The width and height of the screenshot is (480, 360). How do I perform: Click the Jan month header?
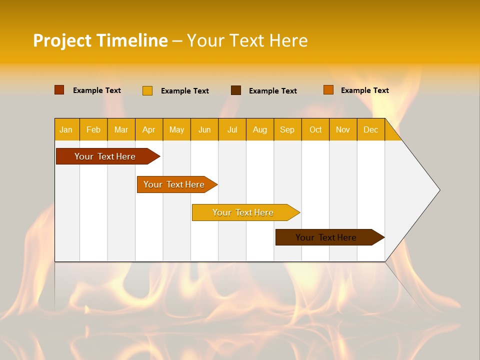click(66, 129)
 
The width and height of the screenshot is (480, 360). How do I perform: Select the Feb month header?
click(93, 129)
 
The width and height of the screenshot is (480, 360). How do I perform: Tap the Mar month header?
click(121, 129)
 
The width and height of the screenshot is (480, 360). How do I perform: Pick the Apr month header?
click(149, 129)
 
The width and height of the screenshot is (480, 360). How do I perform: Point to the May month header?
click(176, 129)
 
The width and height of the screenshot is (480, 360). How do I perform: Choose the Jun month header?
click(204, 129)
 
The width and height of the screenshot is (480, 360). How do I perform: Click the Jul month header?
click(232, 129)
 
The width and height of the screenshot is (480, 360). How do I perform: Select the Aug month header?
click(260, 129)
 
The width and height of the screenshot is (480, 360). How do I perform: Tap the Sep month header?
click(287, 129)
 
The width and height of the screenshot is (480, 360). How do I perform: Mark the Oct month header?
click(315, 129)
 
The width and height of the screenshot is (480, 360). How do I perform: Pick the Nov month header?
click(343, 129)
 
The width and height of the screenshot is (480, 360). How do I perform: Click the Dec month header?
click(371, 129)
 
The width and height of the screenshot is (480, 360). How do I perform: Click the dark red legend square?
click(59, 90)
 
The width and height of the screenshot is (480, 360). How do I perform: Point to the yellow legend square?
click(147, 90)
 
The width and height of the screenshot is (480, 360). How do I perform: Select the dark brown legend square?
click(236, 90)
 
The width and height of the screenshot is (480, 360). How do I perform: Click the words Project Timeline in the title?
click(100, 40)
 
